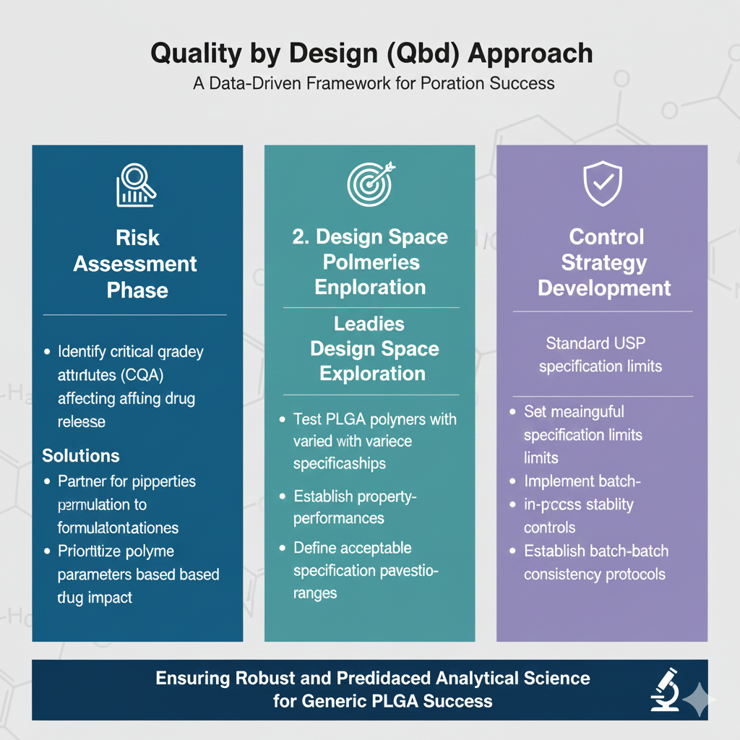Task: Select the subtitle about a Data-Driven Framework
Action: (374, 83)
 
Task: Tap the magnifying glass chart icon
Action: (137, 185)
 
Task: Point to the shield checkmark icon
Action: (603, 184)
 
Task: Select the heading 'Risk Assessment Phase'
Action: (135, 264)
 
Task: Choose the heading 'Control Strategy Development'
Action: (603, 262)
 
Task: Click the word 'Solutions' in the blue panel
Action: (81, 456)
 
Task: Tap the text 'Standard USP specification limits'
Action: (601, 355)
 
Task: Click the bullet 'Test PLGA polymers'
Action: (374, 441)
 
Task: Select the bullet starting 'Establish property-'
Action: (356, 507)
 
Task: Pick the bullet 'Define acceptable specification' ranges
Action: (364, 570)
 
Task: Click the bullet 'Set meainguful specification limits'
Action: (582, 434)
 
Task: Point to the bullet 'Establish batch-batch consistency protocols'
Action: (595, 563)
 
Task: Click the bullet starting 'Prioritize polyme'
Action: (138, 575)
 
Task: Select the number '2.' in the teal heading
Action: (301, 238)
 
